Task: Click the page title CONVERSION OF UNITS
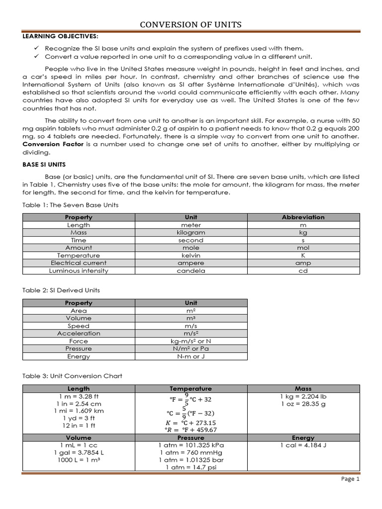pyautogui.click(x=191, y=25)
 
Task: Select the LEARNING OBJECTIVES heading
pyautogui.click(x=60, y=36)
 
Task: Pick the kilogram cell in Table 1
pyautogui.click(x=191, y=233)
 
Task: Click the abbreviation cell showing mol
pyautogui.click(x=303, y=248)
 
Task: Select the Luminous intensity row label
pyautogui.click(x=79, y=271)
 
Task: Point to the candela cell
pyautogui.click(x=191, y=271)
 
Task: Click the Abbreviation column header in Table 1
pyautogui.click(x=303, y=217)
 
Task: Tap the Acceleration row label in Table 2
pyautogui.click(x=79, y=334)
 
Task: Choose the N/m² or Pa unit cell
pyautogui.click(x=191, y=349)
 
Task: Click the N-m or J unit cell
pyautogui.click(x=191, y=356)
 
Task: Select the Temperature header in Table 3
pyautogui.click(x=191, y=389)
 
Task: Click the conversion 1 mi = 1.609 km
pyautogui.click(x=79, y=411)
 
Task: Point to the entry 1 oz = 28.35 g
pyautogui.click(x=303, y=404)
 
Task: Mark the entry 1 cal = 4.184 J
pyautogui.click(x=303, y=445)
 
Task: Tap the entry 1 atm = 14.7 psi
pyautogui.click(x=191, y=468)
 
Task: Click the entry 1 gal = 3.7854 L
pyautogui.click(x=79, y=453)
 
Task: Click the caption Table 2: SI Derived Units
pyautogui.click(x=62, y=290)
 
